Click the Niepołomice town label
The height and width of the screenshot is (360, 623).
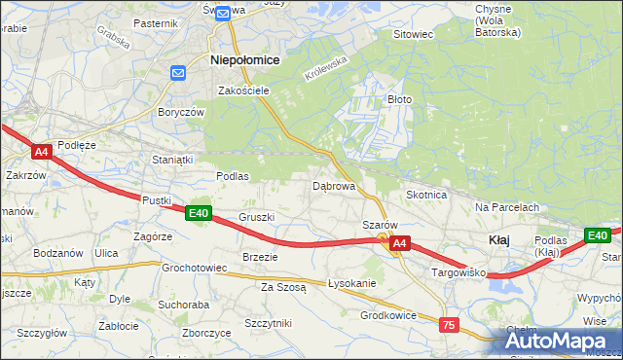tap(245, 59)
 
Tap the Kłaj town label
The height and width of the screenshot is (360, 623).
tap(497, 239)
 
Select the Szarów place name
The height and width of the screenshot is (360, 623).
tap(380, 225)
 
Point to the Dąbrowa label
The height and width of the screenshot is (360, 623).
tap(333, 185)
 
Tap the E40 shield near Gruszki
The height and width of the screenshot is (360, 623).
tap(199, 213)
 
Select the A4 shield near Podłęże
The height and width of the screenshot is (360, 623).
tap(41, 152)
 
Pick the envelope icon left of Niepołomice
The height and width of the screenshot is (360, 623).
tap(178, 73)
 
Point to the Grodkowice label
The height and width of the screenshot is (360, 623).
tap(388, 315)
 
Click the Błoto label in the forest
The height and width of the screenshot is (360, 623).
tap(400, 99)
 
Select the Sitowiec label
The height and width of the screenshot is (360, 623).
tap(412, 34)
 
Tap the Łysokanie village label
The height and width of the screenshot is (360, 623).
tap(351, 283)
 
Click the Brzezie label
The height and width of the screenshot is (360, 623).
tap(260, 257)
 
